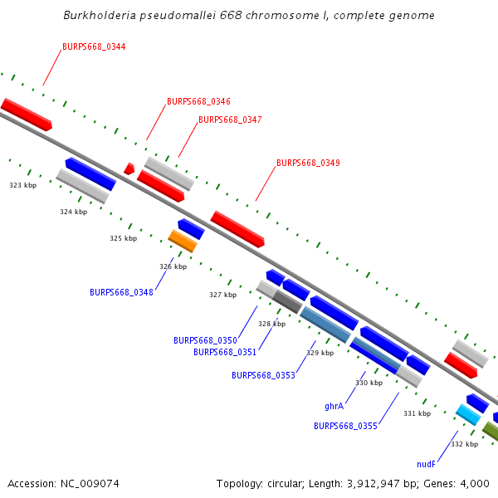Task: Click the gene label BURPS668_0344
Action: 94,46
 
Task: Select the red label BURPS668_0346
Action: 198,101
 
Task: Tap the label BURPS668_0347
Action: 230,120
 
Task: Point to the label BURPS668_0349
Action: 308,163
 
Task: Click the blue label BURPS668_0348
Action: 121,292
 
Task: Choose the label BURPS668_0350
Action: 205,340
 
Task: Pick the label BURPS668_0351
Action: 225,352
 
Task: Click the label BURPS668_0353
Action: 263,376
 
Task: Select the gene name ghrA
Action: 334,407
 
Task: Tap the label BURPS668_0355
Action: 345,427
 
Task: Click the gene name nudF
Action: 426,465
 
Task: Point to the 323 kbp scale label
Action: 23,185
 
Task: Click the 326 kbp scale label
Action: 173,266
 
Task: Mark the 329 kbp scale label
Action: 320,353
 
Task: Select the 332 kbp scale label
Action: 464,444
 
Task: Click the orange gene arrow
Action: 183,241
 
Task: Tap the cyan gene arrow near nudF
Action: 468,413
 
